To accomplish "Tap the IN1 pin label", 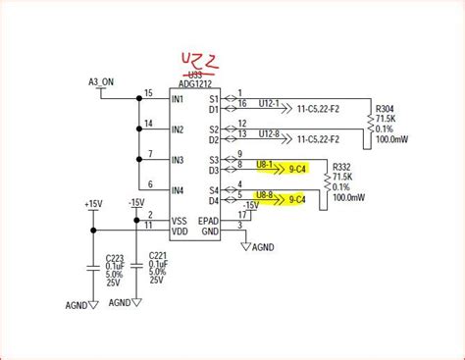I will [177, 99].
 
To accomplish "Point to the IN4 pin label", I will [177, 190].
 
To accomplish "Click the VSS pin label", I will [178, 220].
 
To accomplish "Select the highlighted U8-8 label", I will [265, 196].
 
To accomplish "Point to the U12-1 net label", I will [269, 105].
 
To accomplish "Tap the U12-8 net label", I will [269, 134].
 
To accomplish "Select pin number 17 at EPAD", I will [241, 214].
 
